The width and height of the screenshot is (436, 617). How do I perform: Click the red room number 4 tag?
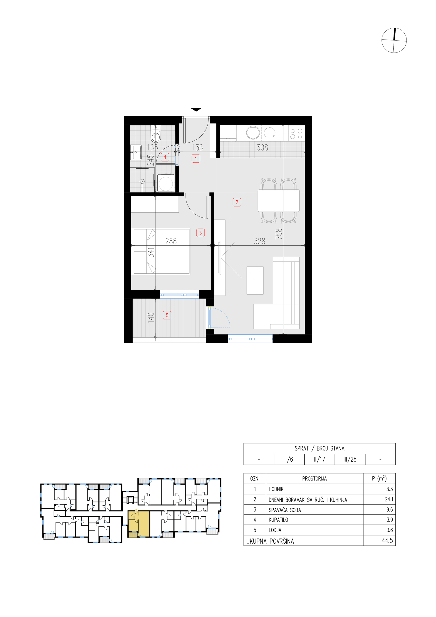pyautogui.click(x=165, y=157)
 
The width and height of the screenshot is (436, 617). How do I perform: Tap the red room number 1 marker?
pyautogui.click(x=196, y=159)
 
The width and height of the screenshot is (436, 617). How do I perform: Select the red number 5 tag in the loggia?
pyautogui.click(x=167, y=315)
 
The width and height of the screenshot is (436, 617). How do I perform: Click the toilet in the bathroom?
pyautogui.click(x=156, y=134)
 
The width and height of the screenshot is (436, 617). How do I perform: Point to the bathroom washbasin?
pyautogui.click(x=136, y=152)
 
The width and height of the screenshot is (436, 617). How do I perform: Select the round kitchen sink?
pyautogui.click(x=253, y=132)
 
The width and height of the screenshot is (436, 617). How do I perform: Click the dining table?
pyautogui.click(x=279, y=201)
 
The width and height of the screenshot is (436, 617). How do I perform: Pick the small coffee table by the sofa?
pyautogui.click(x=255, y=281)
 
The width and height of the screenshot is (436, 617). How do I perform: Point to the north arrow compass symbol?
pyautogui.click(x=394, y=40)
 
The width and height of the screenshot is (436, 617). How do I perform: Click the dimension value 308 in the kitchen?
pyautogui.click(x=263, y=147)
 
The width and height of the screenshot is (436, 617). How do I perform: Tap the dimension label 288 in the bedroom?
pyautogui.click(x=171, y=241)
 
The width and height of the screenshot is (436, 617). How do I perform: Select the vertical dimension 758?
pyautogui.click(x=279, y=234)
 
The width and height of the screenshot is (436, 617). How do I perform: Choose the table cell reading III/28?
pyautogui.click(x=350, y=459)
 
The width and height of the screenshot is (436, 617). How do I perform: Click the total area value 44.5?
pyautogui.click(x=387, y=541)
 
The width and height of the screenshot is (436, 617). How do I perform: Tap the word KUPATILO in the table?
pyautogui.click(x=278, y=520)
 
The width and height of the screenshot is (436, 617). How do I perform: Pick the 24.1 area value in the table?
pyautogui.click(x=389, y=499)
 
